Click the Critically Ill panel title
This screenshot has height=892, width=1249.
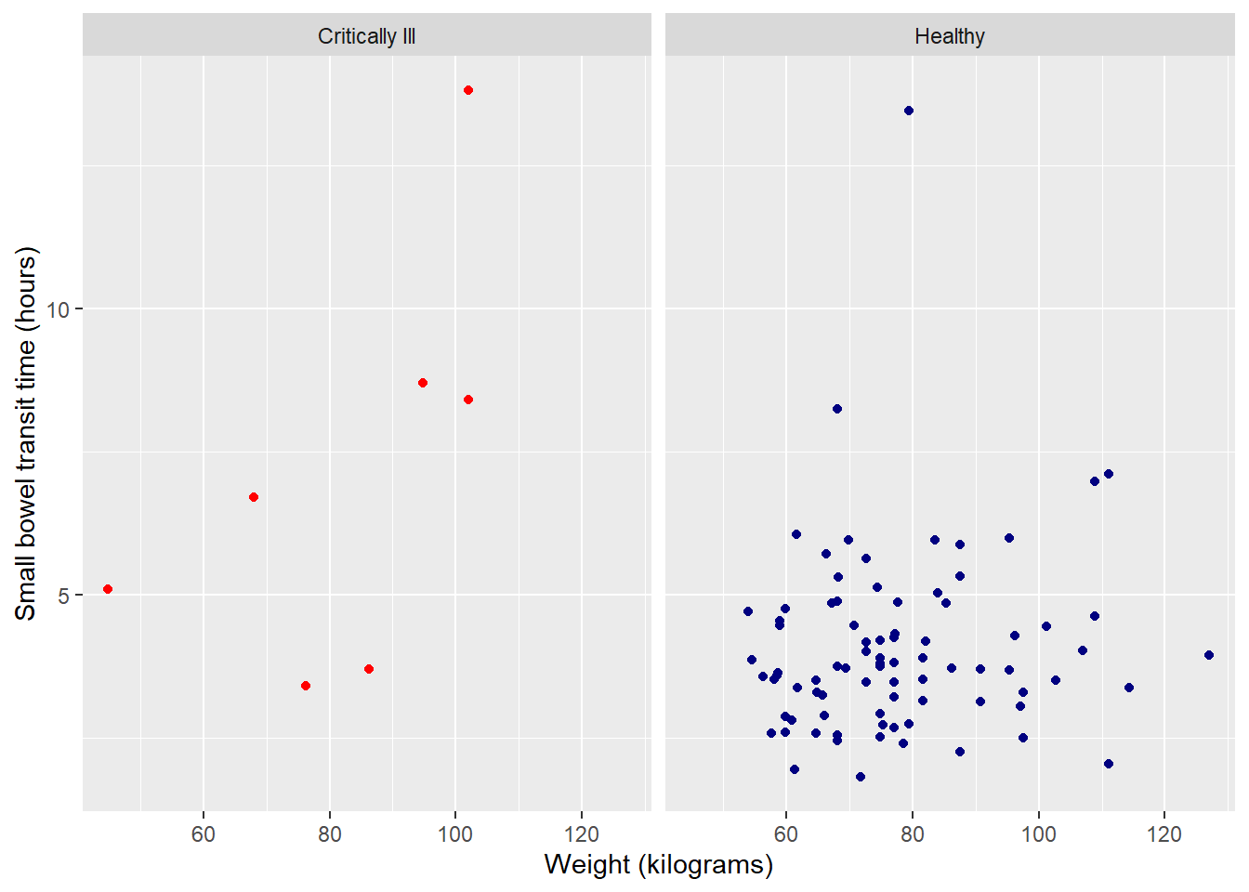(366, 36)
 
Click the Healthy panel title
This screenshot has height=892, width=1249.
(949, 36)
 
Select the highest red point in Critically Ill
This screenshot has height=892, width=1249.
(468, 90)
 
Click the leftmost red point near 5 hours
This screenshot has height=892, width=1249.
(108, 589)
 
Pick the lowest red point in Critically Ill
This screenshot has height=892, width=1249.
(306, 686)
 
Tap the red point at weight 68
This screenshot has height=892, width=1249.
(254, 497)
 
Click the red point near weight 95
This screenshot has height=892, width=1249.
(423, 383)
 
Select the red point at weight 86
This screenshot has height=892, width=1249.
(369, 669)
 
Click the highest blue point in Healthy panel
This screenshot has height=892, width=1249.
(909, 111)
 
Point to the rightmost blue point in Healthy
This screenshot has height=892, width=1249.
(1209, 655)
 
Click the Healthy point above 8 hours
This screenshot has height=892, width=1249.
(837, 409)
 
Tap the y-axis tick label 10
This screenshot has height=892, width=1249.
(58, 309)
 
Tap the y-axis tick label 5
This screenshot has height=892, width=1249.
(63, 596)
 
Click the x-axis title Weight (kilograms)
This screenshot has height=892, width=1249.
(658, 865)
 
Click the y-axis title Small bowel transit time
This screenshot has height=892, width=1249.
(25, 433)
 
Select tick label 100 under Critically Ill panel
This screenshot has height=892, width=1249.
(455, 834)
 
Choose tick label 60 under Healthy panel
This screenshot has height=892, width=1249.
(786, 834)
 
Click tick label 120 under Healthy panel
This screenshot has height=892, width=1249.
(1164, 834)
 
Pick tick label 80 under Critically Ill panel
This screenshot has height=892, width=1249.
(330, 834)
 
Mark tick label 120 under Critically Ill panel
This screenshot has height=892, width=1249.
(582, 834)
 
